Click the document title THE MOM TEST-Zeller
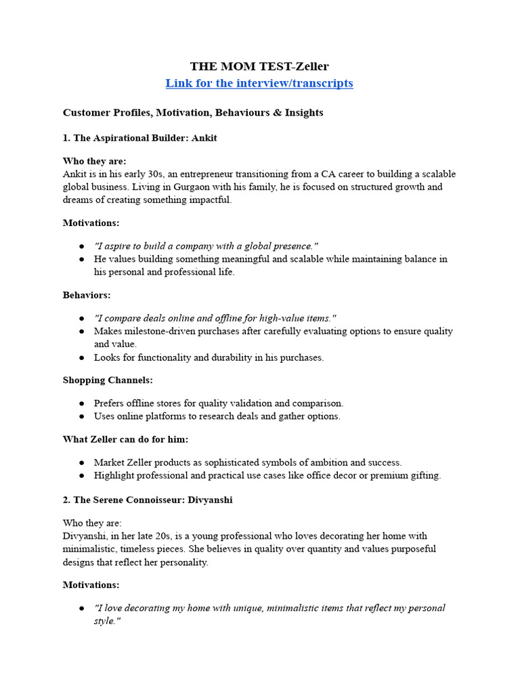pyautogui.click(x=259, y=66)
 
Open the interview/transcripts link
pyautogui.click(x=259, y=83)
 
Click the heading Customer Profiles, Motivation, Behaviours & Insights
pyautogui.click(x=193, y=112)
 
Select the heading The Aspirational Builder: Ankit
pyautogui.click(x=139, y=137)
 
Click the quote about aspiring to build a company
pyautogui.click(x=206, y=246)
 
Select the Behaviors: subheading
pyautogui.click(x=87, y=295)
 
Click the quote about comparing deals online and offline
pyautogui.click(x=215, y=318)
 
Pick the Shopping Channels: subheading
pyautogui.click(x=108, y=380)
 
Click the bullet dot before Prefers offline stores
pyautogui.click(x=81, y=403)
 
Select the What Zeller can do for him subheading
pyautogui.click(x=125, y=439)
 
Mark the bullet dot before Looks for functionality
pyautogui.click(x=81, y=358)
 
